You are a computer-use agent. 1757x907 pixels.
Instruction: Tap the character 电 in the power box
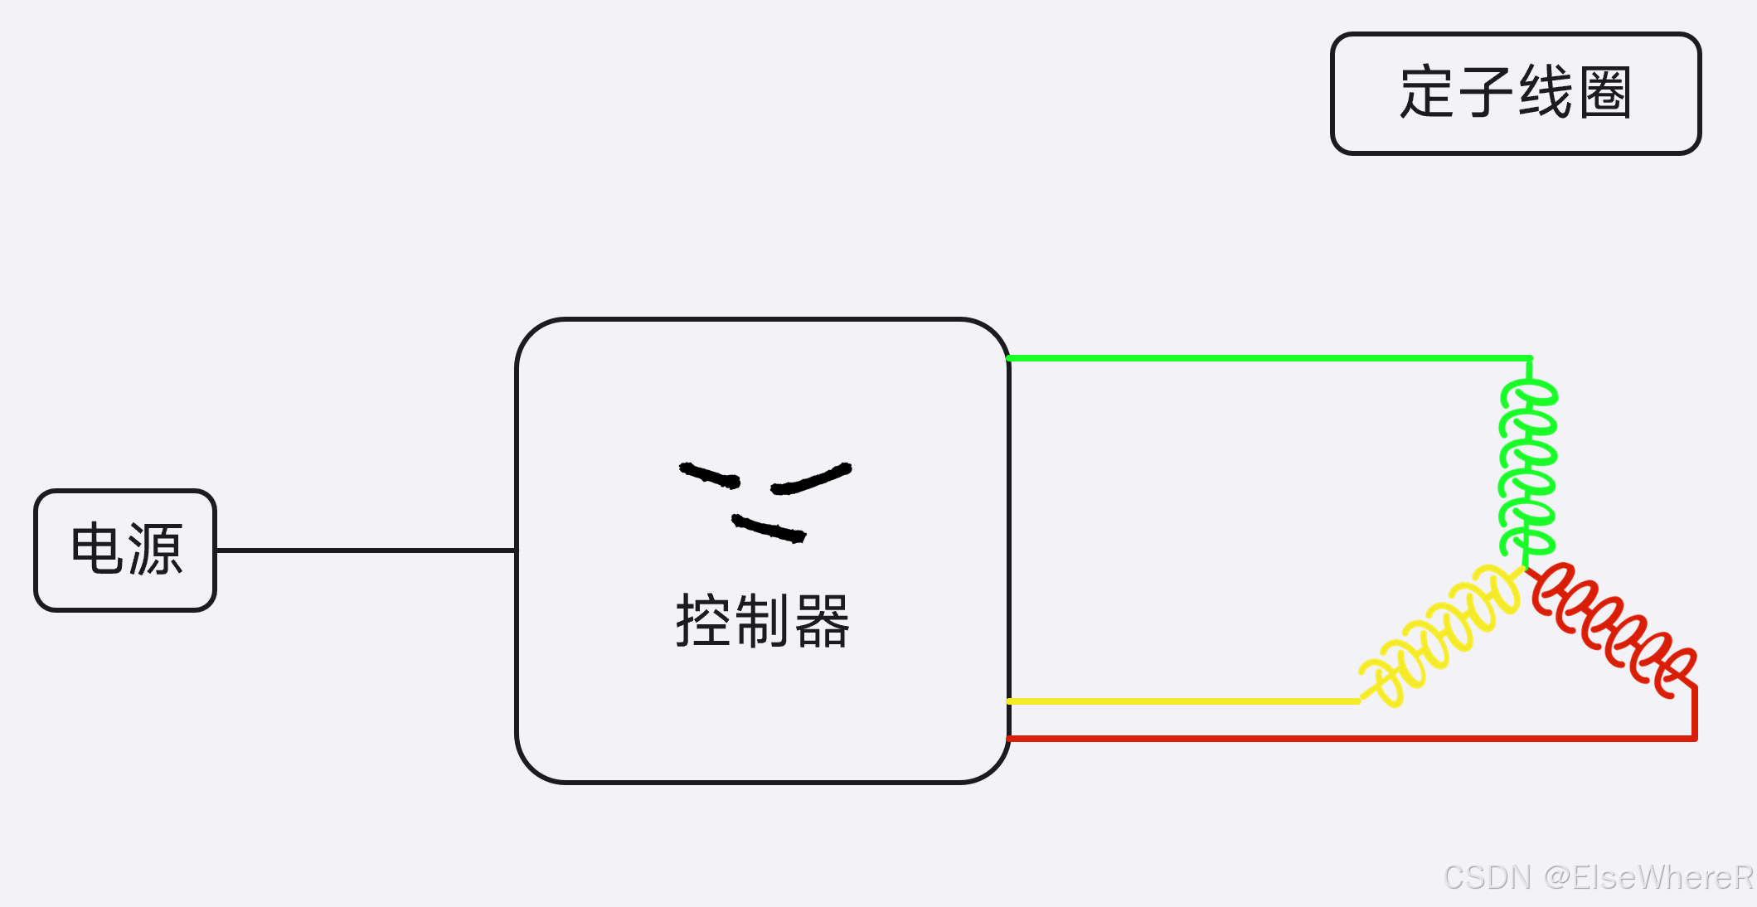96,549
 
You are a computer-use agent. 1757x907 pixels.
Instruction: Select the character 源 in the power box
155,549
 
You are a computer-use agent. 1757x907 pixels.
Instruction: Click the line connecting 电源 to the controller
365,550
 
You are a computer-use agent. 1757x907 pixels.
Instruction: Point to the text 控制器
763,620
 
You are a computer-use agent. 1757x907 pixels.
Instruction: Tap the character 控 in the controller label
704,620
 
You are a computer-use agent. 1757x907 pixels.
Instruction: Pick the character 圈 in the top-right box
1605,92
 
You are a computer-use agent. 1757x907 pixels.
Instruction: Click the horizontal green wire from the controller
1269,358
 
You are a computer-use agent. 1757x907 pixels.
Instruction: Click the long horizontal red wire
1352,738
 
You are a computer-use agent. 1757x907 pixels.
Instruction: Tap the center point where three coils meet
1525,568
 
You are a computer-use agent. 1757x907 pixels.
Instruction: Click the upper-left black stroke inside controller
709,475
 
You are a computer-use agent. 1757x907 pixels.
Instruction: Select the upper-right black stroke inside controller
811,479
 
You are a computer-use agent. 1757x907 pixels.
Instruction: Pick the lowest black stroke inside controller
769,528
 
